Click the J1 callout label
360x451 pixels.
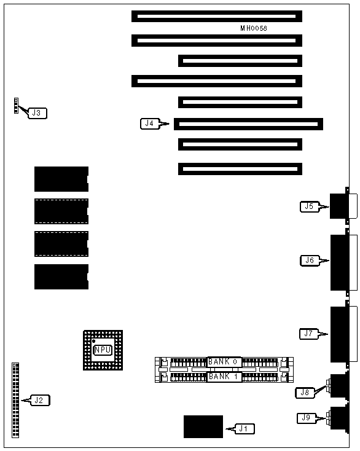pyautogui.click(x=245, y=429)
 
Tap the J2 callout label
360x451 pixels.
pyautogui.click(x=41, y=400)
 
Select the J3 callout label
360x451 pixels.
pyautogui.click(x=37, y=113)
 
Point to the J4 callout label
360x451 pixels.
pyautogui.click(x=149, y=124)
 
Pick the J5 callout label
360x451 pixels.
pyautogui.click(x=310, y=206)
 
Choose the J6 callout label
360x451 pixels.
pyautogui.click(x=310, y=261)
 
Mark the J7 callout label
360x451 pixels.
pyautogui.click(x=309, y=334)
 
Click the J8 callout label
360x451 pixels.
pyautogui.click(x=305, y=393)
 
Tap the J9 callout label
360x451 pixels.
pyautogui.click(x=307, y=418)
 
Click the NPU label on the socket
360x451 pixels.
pyautogui.click(x=103, y=350)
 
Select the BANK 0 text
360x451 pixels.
pyautogui.click(x=223, y=361)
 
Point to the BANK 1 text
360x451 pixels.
pyautogui.click(x=223, y=376)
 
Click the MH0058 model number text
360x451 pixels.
pyautogui.click(x=254, y=28)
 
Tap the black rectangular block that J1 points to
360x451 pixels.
pyautogui.click(x=203, y=426)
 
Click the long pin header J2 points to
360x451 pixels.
pyautogui.click(x=15, y=400)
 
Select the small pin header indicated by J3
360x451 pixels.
pyautogui.click(x=16, y=106)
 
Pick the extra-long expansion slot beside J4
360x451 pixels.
pyautogui.click(x=248, y=124)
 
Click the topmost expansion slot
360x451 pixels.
pyautogui.click(x=217, y=16)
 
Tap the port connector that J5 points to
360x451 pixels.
pyautogui.click(x=343, y=206)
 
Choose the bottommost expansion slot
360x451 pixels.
pyautogui.click(x=240, y=169)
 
